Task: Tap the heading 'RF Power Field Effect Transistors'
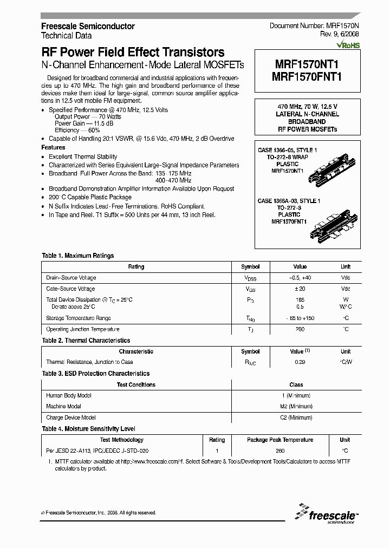[133, 53]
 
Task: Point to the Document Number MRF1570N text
[314, 26]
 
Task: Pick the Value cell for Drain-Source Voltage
[300, 278]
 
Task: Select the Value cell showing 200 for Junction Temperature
[300, 329]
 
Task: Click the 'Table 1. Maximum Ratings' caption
[78, 256]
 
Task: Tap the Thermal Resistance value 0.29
[300, 362]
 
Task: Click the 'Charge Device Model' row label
[71, 417]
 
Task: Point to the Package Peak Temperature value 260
[280, 451]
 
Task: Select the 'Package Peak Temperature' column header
[280, 440]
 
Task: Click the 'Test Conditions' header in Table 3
[136, 384]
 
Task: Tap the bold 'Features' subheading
[53, 147]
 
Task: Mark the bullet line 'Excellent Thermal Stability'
[83, 156]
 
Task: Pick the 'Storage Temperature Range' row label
[79, 318]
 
